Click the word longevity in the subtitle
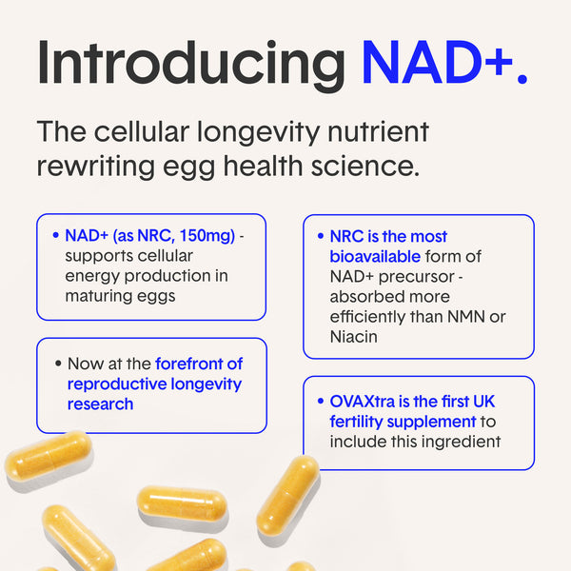point(258,133)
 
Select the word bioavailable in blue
point(375,256)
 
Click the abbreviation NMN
point(466,317)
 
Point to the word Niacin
point(354,337)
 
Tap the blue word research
point(101,404)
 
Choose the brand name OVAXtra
point(363,402)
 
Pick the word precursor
point(416,277)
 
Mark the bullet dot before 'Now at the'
point(58,364)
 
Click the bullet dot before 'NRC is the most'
point(321,236)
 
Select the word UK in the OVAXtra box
point(484,402)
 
